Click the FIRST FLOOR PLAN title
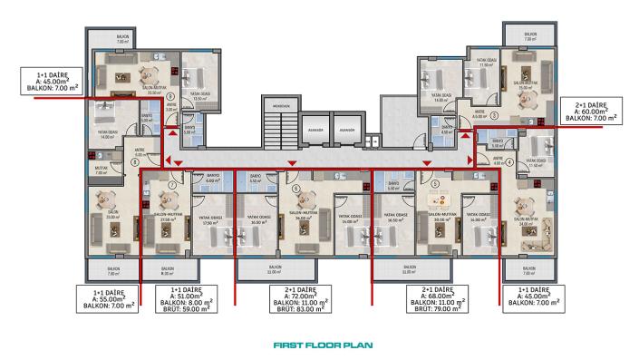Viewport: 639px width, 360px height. pos(318,345)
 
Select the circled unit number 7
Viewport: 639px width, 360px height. pos(172,187)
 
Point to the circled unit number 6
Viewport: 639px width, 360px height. pos(296,186)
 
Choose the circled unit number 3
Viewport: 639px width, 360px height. pos(496,117)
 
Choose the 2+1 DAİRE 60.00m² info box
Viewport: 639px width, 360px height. pos(590,110)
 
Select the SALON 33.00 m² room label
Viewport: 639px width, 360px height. pos(112,217)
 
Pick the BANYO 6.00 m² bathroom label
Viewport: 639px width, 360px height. pos(213,179)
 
